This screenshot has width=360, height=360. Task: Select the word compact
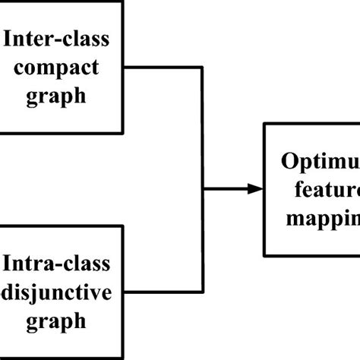tap(61, 68)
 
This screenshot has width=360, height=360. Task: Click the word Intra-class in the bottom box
tap(58, 265)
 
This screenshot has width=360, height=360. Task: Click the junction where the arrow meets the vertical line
tap(204, 188)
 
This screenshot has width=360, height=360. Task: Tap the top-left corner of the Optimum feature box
tap(264, 122)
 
